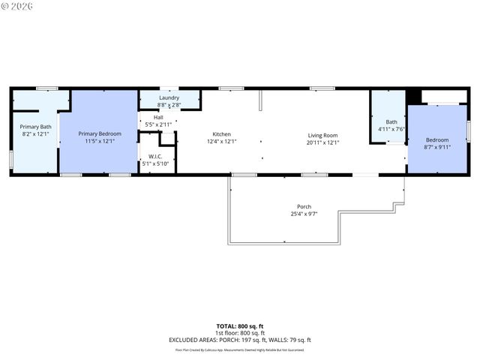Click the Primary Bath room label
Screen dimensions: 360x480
point(35,127)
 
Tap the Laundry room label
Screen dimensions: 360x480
point(168,98)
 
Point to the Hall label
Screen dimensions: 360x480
point(158,117)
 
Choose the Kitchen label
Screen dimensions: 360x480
point(221,135)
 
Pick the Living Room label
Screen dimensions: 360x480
point(323,135)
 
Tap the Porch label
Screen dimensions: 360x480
point(304,207)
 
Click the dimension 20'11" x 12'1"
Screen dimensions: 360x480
point(323,142)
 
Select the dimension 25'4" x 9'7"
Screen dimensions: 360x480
point(304,214)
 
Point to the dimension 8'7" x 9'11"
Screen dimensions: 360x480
point(437,147)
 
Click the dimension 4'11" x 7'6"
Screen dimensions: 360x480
point(391,128)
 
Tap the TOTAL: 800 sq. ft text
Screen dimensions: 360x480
point(239,326)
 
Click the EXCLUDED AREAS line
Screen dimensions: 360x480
point(239,340)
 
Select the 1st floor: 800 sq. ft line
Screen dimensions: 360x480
point(239,333)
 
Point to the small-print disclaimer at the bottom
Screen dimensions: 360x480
point(239,349)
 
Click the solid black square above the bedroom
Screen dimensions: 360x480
point(412,96)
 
